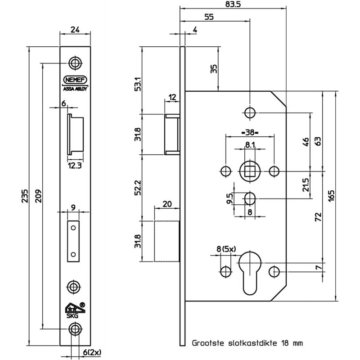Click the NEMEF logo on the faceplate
pos(75,80)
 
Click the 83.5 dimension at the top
pos(233,4)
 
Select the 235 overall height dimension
pos(25,196)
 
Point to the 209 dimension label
pos(39,196)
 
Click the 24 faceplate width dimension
pos(75,30)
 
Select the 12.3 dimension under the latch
pos(75,166)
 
